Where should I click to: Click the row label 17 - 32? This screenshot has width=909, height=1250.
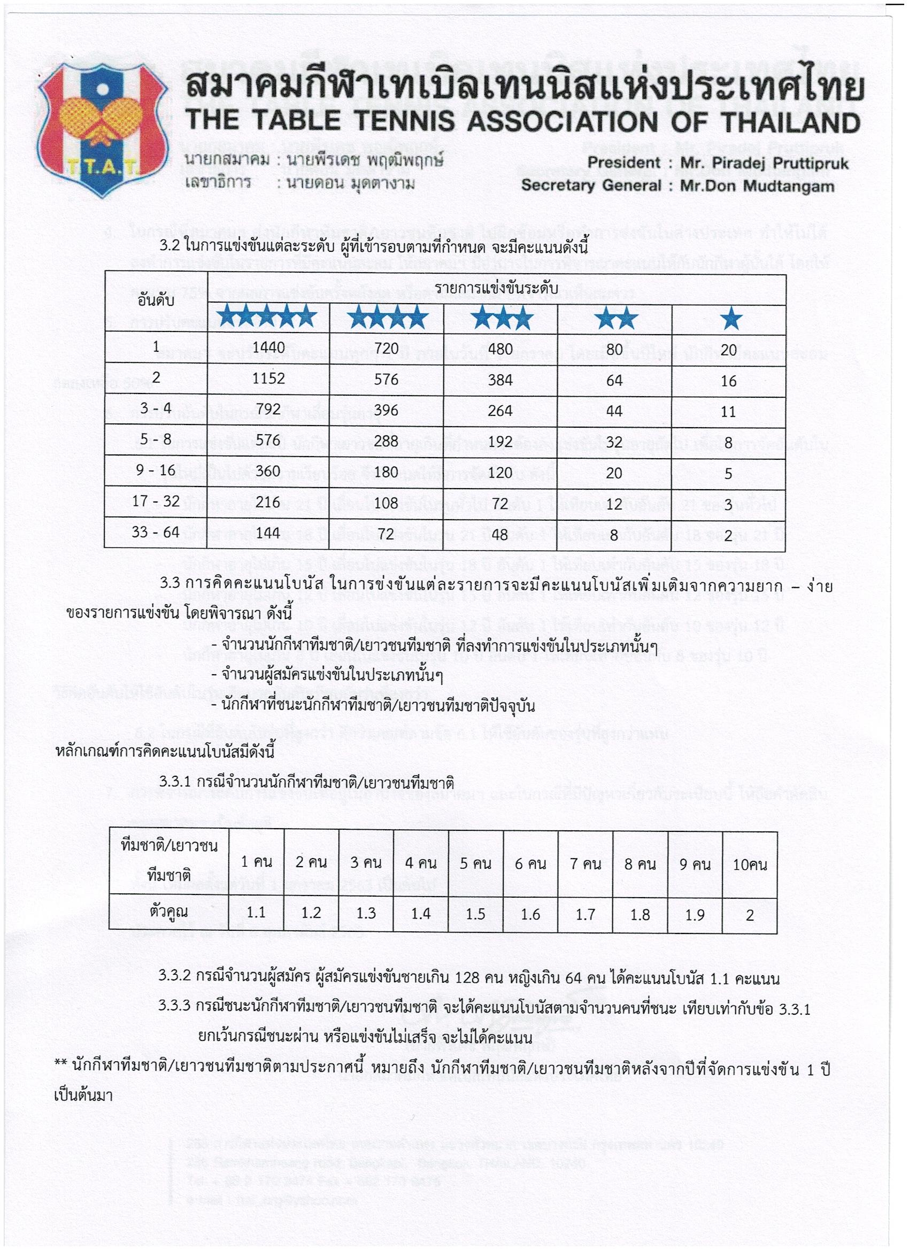[157, 501]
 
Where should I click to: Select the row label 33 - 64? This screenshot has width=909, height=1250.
[157, 533]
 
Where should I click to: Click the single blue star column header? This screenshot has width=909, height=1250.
[731, 319]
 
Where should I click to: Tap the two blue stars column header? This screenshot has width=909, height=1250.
[616, 319]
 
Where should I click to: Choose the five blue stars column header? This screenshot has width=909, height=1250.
[267, 318]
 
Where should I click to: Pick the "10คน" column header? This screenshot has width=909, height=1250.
[749, 864]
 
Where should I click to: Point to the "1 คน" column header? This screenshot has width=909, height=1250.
[256, 862]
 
